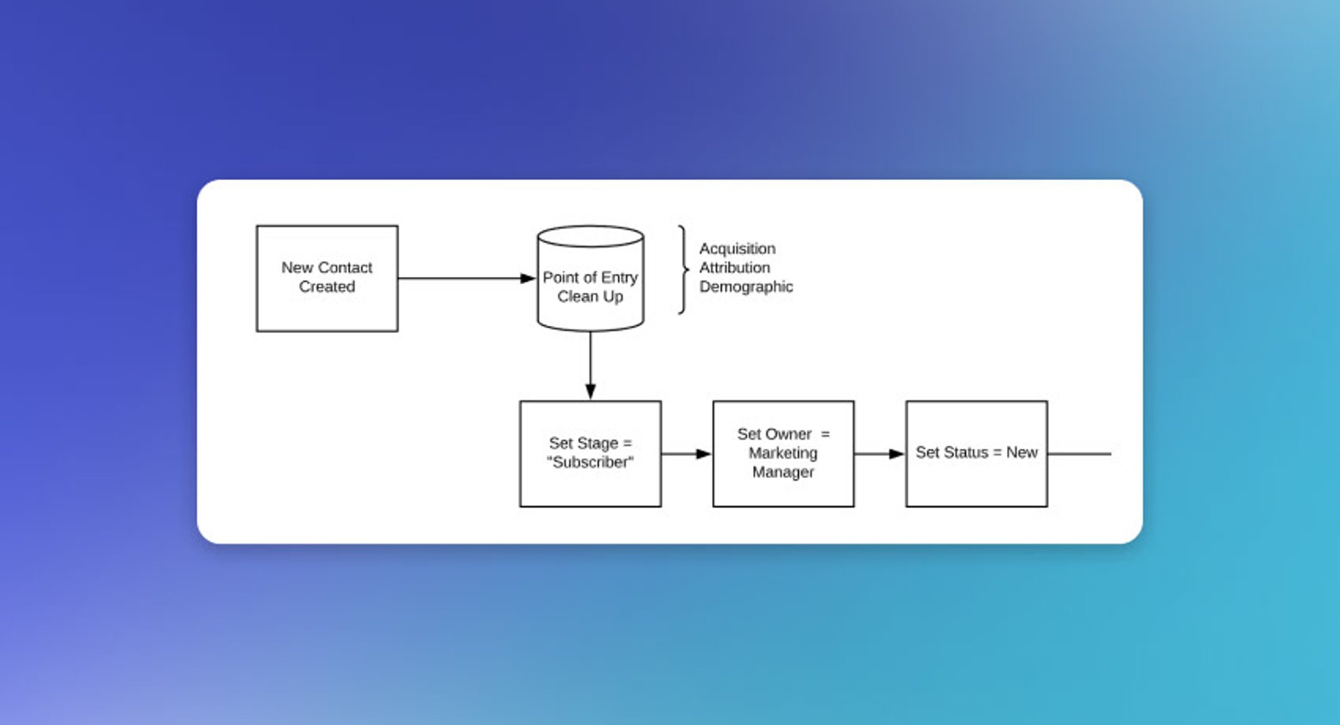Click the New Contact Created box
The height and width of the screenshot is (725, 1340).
(327, 307)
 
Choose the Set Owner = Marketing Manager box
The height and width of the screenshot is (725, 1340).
(783, 491)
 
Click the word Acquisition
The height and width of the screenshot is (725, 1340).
(737, 249)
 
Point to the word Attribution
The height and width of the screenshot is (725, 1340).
(734, 268)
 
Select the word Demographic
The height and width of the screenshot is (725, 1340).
(745, 287)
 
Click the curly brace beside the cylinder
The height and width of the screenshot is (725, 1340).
(683, 269)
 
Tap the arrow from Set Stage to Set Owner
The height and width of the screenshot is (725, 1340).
(685, 454)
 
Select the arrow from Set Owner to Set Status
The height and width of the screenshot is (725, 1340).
(879, 454)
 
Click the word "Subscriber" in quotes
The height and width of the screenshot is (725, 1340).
(590, 463)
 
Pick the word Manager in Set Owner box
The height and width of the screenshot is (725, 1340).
(783, 472)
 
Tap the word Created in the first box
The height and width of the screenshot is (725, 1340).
(327, 287)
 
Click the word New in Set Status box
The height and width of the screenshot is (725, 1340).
(1022, 453)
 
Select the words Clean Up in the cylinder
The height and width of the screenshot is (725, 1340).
(590, 297)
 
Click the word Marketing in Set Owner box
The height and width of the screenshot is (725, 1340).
(783, 454)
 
